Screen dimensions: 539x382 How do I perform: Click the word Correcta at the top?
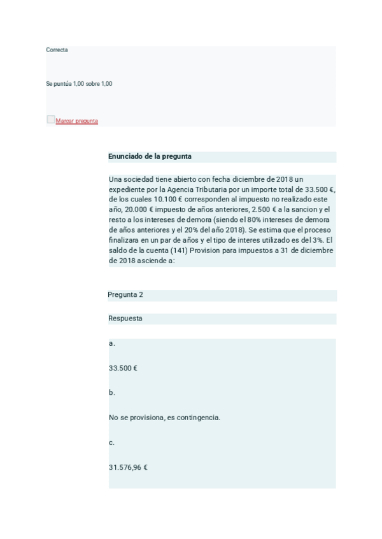click(x=57, y=50)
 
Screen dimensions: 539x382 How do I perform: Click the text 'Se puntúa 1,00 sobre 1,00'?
click(x=79, y=83)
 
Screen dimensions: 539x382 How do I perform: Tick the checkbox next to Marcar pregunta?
click(x=50, y=119)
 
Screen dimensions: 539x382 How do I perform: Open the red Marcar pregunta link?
click(x=77, y=121)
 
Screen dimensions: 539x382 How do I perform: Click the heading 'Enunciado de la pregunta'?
click(x=150, y=156)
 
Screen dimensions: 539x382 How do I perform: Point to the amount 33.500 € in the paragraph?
click(x=319, y=189)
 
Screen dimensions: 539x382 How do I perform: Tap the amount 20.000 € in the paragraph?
click(x=136, y=209)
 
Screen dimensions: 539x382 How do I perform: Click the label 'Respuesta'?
click(x=125, y=318)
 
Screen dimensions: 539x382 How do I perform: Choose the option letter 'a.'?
click(x=112, y=343)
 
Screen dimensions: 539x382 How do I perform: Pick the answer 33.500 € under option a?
click(x=124, y=368)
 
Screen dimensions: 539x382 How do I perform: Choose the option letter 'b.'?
click(x=112, y=393)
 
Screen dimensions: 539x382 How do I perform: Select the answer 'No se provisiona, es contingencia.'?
click(x=164, y=418)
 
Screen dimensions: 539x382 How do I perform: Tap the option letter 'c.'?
click(x=112, y=442)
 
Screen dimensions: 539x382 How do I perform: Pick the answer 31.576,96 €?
click(x=128, y=467)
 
